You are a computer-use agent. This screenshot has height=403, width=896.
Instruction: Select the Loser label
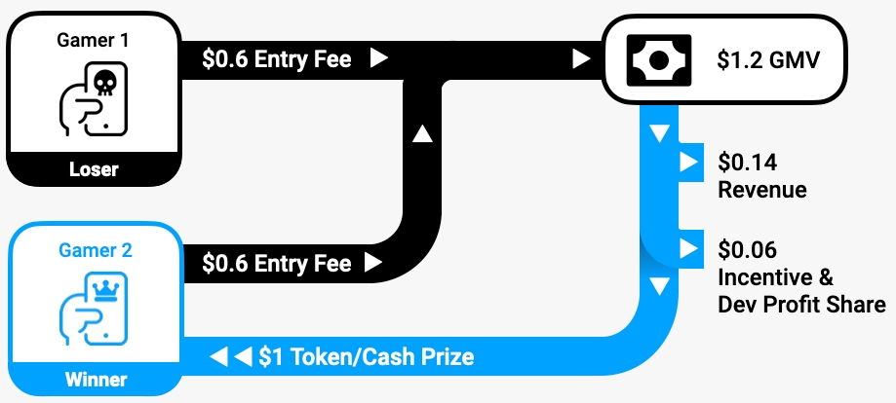[94, 169]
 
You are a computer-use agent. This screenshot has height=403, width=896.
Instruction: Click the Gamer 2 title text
[94, 250]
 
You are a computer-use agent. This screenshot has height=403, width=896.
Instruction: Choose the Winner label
[94, 379]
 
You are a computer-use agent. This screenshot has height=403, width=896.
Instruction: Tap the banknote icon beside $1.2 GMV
[661, 60]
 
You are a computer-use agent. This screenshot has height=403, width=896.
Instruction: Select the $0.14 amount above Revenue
[747, 162]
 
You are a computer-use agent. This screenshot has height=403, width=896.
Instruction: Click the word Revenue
[762, 189]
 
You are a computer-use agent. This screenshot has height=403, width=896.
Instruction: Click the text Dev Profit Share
[801, 305]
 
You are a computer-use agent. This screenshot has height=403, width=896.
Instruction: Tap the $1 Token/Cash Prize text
[367, 356]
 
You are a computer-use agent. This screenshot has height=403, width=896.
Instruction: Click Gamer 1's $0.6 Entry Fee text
[276, 59]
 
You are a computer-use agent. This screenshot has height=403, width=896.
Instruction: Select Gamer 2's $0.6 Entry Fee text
[276, 263]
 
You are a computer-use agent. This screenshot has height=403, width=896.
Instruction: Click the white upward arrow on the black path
[422, 133]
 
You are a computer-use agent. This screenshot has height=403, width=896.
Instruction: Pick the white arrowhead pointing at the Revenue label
[689, 162]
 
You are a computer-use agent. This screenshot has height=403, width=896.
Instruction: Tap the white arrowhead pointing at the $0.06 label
[689, 249]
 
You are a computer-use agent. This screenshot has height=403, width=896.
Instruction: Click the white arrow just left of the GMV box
[581, 59]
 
